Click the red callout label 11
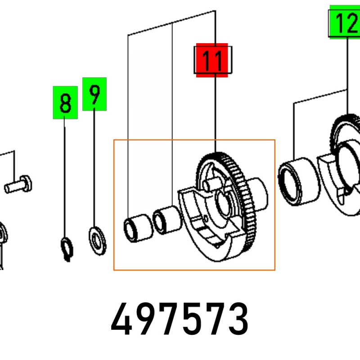tap(212, 60)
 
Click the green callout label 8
tap(65, 103)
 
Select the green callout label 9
tap(94, 94)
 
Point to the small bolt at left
tap(18, 184)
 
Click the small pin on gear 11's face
tap(211, 184)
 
